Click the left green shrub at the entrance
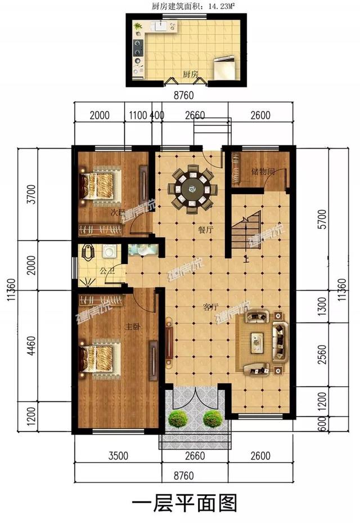[x=178, y=418]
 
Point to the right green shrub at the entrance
[x=213, y=418]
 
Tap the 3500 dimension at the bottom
[x=118, y=455]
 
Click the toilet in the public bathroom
[x=88, y=252]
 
